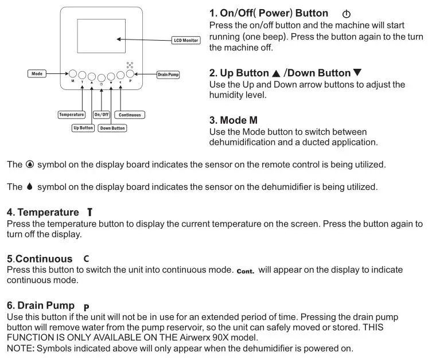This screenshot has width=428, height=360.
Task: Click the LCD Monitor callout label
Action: pos(186,41)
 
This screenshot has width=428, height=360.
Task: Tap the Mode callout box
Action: pos(37,74)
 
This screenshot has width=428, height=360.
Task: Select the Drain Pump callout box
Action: pos(168,75)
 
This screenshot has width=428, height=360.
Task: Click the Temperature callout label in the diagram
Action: pos(72,115)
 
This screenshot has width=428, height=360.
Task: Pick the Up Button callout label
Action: pos(83,128)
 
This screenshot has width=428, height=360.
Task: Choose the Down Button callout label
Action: pos(112,128)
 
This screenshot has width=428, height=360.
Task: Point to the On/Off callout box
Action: pos(102,115)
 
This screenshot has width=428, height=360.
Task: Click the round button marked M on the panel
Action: pos(73,74)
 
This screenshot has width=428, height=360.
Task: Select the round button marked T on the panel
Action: pos(82,76)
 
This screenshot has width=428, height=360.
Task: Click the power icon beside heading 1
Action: pos(345,14)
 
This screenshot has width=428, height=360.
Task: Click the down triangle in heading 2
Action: pos(357,73)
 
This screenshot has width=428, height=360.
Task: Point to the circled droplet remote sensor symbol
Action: pos(30,165)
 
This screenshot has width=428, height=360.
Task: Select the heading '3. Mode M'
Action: pos(234,121)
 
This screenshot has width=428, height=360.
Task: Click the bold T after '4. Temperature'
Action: pos(90,213)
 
